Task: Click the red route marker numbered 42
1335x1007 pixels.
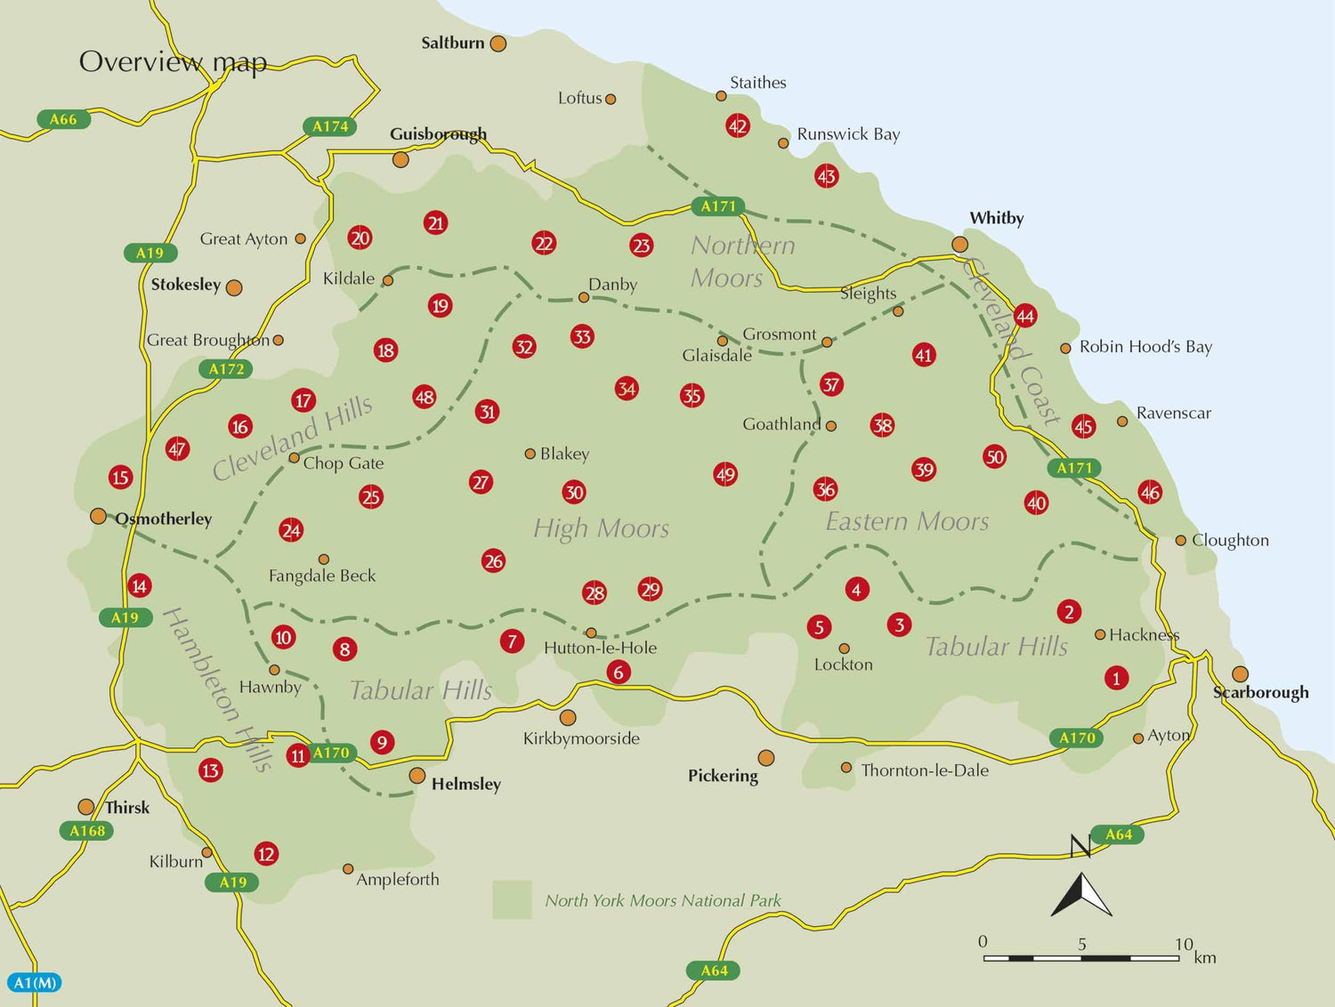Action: tap(738, 125)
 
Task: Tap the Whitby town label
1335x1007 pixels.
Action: tap(996, 218)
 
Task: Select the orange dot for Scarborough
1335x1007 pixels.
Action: tap(1240, 674)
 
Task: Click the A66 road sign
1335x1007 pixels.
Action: tap(63, 119)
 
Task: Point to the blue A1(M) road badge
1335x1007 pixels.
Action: tap(36, 983)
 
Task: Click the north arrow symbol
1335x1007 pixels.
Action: tap(1081, 892)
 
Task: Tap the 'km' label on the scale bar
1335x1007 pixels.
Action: tap(1205, 957)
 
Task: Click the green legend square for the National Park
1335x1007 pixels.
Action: tap(512, 899)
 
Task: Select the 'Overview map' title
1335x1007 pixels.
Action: tap(173, 61)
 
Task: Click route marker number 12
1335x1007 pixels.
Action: tap(266, 854)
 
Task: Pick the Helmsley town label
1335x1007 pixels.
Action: tap(465, 784)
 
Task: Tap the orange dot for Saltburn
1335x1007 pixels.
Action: tap(498, 44)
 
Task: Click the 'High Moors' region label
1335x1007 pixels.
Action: tap(601, 528)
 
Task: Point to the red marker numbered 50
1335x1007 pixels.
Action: tap(994, 457)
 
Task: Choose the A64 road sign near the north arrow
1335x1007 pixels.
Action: tap(1119, 834)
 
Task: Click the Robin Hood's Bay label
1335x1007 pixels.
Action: tap(1145, 347)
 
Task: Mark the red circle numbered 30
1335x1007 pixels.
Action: tap(574, 492)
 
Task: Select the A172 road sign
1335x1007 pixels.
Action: tap(226, 369)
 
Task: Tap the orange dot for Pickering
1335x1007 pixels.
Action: tap(765, 758)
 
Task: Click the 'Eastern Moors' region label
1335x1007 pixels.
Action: tap(907, 521)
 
